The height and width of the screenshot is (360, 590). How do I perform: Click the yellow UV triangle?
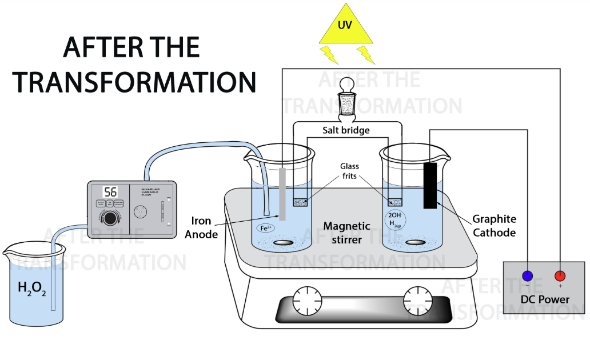tap(346, 27)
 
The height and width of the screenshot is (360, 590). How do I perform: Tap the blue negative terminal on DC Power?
tap(528, 277)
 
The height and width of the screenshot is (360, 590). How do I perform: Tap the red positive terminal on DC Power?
tap(560, 277)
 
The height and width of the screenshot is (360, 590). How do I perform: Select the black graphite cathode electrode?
tap(430, 186)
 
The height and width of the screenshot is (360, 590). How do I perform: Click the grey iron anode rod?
tap(282, 194)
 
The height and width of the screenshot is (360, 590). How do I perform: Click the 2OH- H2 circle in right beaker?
tap(395, 218)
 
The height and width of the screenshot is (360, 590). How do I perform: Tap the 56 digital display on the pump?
tap(110, 191)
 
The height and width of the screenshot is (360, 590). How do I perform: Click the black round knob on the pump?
tap(113, 218)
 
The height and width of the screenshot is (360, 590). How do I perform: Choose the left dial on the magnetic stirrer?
tap(304, 300)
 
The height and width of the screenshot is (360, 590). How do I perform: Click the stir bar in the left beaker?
tap(282, 243)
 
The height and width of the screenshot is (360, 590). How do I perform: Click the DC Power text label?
tap(545, 299)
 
